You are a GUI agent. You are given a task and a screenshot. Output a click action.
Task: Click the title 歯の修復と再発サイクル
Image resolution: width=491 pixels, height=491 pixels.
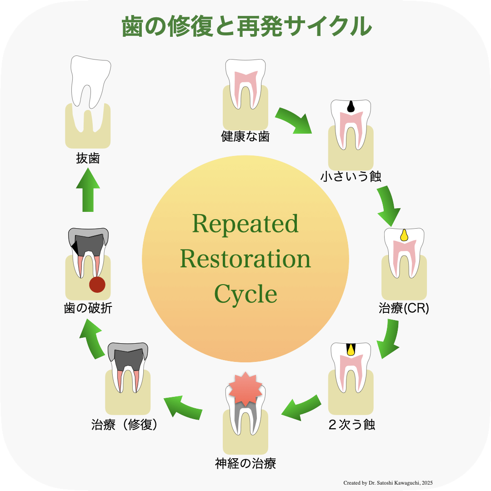[246, 27]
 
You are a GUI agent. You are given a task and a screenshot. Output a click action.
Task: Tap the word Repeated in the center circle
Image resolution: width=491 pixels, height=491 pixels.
[245, 224]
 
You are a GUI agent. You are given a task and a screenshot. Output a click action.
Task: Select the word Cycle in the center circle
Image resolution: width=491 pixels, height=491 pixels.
[245, 294]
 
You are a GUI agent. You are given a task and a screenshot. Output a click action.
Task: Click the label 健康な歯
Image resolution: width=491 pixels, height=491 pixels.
[245, 136]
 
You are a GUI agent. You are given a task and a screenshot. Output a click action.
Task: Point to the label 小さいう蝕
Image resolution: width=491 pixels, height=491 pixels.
[351, 176]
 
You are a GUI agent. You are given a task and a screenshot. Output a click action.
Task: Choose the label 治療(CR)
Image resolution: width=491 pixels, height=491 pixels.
[404, 308]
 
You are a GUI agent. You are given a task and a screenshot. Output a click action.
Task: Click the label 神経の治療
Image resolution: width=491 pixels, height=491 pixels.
[245, 464]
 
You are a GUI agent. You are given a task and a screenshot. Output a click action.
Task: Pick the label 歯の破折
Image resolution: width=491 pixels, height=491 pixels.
[88, 308]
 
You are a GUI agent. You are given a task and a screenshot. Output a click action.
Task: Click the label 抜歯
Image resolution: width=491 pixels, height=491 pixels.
[88, 159]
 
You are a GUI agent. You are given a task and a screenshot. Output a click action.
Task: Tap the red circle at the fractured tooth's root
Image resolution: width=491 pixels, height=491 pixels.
[97, 285]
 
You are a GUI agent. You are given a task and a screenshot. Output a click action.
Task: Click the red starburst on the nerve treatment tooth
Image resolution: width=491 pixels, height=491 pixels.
[245, 389]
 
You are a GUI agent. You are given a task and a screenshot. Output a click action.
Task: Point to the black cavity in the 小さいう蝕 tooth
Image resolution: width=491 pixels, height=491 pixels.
[351, 106]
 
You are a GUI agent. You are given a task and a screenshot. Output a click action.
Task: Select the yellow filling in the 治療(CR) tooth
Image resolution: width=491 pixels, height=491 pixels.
[404, 235]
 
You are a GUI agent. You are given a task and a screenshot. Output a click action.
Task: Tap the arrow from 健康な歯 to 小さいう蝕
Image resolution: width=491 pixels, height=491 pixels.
[294, 121]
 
